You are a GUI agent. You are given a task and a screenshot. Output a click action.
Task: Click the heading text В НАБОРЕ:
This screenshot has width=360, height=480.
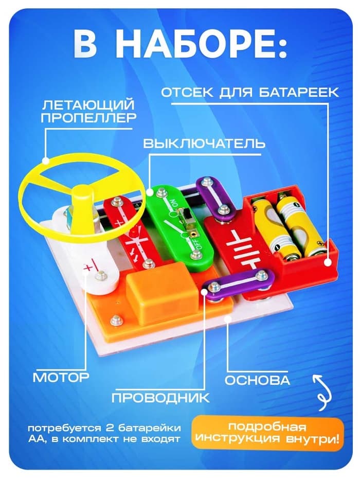tap(180, 45)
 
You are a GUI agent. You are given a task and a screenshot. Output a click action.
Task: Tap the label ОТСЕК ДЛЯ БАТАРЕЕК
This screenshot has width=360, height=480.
tap(250, 93)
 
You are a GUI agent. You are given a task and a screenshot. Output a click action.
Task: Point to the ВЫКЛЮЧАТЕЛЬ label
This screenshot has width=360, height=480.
tap(204, 143)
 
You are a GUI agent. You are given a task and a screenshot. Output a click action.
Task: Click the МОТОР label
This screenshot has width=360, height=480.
tap(61, 377)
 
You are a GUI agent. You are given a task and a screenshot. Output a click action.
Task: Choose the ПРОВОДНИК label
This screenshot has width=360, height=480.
tap(160, 397)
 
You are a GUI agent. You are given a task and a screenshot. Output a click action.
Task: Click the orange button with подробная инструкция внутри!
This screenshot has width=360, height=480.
tap(268, 433)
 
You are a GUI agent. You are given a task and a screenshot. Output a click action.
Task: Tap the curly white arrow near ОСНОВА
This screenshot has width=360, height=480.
tap(321, 393)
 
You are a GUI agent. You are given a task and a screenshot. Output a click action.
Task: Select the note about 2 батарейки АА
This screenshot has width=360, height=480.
tap(105, 433)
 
